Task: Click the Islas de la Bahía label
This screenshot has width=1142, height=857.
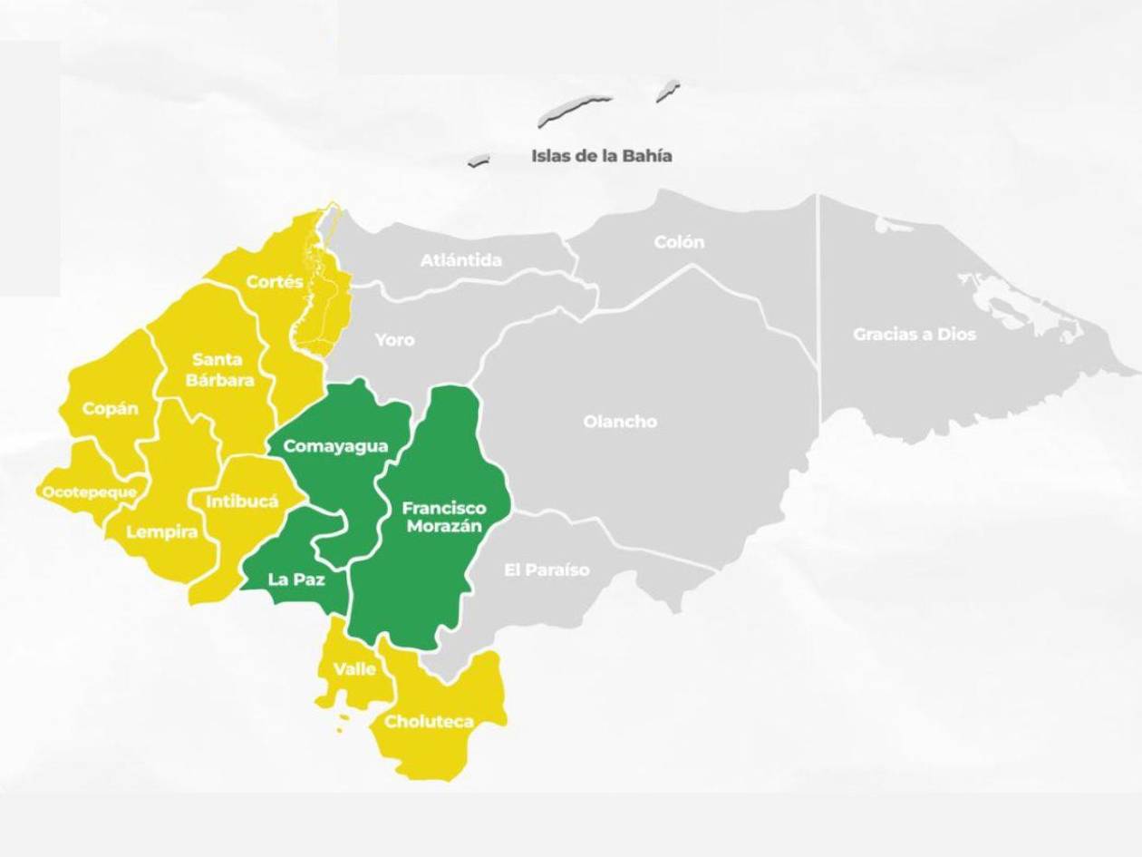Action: pyautogui.click(x=601, y=156)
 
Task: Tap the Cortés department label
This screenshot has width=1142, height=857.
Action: pyautogui.click(x=275, y=282)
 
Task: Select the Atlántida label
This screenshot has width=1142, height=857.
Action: pyautogui.click(x=460, y=260)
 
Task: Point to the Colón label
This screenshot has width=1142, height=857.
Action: pyautogui.click(x=679, y=242)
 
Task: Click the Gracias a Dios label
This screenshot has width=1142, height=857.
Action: pyautogui.click(x=914, y=334)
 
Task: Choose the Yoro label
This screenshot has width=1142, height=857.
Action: pyautogui.click(x=394, y=340)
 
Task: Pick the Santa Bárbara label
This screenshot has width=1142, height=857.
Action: pyautogui.click(x=219, y=370)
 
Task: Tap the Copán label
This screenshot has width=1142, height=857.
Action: pyautogui.click(x=111, y=408)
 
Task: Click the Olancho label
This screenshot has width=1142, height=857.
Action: pyautogui.click(x=620, y=422)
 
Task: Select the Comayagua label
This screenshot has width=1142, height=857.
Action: pyautogui.click(x=335, y=446)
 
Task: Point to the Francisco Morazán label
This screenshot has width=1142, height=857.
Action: pyautogui.click(x=444, y=517)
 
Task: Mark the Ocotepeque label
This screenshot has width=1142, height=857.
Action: pyautogui.click(x=90, y=492)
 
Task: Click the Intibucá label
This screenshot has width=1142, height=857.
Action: pyautogui.click(x=242, y=501)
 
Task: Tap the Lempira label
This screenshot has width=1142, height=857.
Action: pyautogui.click(x=161, y=532)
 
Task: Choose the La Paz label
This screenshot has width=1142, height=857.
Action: pyautogui.click(x=296, y=579)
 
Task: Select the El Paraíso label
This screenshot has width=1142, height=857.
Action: pyautogui.click(x=547, y=570)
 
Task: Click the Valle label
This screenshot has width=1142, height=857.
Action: pyautogui.click(x=354, y=669)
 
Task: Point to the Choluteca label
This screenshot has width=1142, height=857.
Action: pyautogui.click(x=429, y=722)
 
